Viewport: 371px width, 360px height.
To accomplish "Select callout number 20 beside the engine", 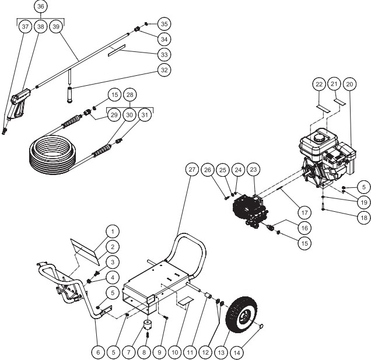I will pos(350,84).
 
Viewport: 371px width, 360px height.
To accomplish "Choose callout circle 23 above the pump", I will pos(254,169).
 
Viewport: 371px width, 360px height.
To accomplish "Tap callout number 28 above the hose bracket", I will pos(129,94).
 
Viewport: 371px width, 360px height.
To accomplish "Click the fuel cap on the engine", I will pos(318,137).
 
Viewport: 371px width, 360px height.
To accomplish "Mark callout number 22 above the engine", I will pos(319,84).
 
